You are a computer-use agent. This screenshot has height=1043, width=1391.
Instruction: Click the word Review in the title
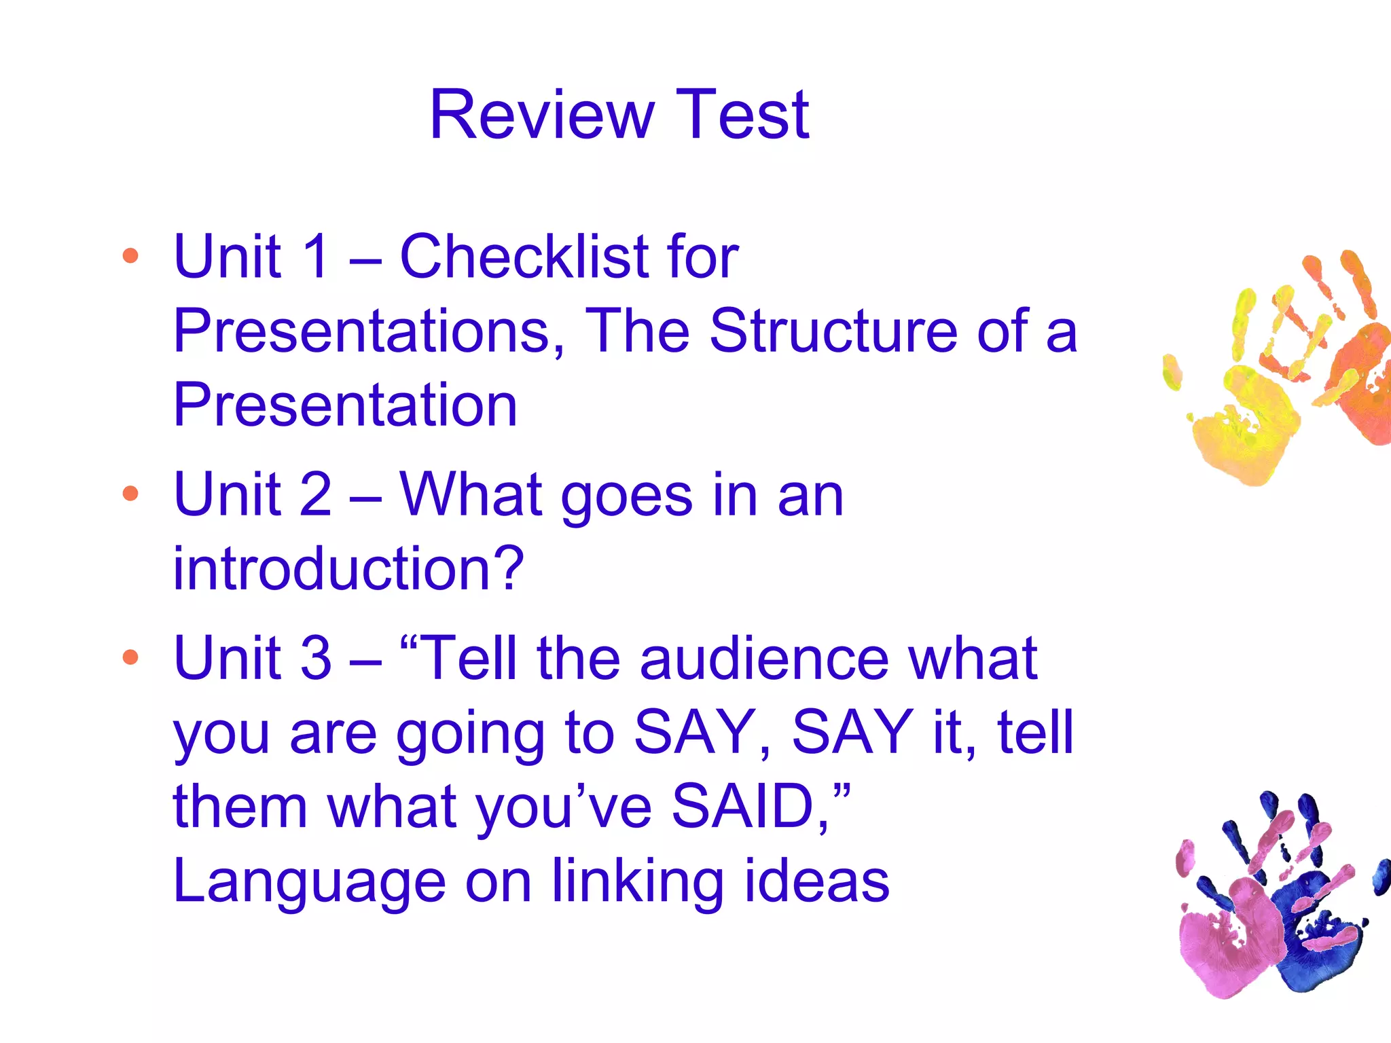542,115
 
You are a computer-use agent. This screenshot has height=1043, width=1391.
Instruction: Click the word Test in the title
742,115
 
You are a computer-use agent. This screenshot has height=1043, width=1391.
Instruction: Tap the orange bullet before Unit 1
130,256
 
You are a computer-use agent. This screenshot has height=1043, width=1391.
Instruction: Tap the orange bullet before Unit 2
130,494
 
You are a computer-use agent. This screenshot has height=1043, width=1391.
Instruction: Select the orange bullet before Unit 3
130,657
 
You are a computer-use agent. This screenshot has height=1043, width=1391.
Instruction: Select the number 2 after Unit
315,494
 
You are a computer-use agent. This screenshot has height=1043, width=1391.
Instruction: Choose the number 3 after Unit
315,657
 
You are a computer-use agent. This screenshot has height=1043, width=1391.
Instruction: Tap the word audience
764,657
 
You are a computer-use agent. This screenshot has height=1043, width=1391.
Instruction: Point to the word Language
309,881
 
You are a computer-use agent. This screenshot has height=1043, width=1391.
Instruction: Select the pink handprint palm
1223,944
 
